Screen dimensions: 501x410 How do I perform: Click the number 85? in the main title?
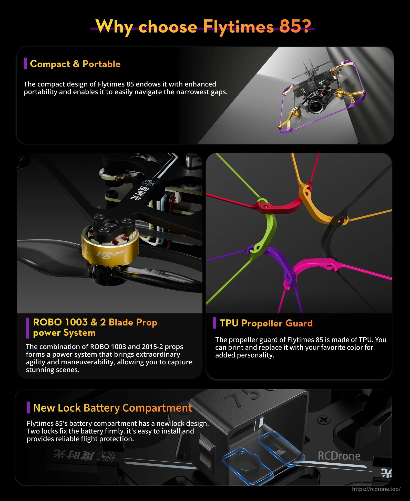tap(295, 26)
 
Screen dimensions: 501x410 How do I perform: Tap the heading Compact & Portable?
tap(75, 64)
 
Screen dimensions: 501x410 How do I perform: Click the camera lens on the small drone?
tap(314, 106)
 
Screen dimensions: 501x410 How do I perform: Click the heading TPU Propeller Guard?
tap(266, 323)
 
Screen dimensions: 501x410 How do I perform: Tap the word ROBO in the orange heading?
tap(47, 322)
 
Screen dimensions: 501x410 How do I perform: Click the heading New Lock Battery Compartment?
tap(112, 408)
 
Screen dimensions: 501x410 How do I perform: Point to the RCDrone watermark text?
tap(339, 456)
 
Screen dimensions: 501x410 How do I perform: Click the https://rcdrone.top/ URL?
tap(376, 489)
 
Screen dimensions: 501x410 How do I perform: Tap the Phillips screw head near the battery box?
tap(324, 420)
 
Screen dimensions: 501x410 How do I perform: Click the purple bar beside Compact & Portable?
tap(25, 63)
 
